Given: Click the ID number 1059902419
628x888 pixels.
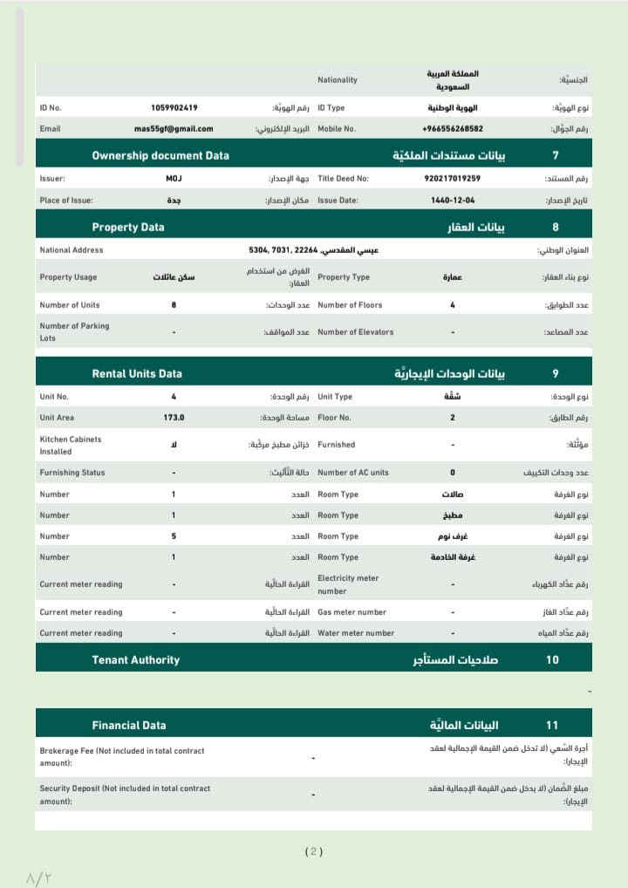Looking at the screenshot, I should click(174, 108).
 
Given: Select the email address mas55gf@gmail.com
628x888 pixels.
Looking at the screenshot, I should click(174, 129).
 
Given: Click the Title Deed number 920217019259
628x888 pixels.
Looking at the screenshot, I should click(452, 178).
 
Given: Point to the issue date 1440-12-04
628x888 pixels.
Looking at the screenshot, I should click(452, 200).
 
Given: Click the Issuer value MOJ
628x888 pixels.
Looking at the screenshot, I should click(174, 178).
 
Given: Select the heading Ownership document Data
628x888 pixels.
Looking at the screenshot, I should click(160, 155).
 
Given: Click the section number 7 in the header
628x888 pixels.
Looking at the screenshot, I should click(556, 155).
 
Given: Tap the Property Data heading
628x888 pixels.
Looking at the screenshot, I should click(128, 227).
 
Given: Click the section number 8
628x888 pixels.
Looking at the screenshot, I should click(556, 227).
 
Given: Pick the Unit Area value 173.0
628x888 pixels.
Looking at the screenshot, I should click(174, 418).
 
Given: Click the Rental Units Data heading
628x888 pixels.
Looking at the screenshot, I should click(137, 373).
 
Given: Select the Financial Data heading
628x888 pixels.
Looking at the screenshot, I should click(129, 725).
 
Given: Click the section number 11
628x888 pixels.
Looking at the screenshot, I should click(552, 725).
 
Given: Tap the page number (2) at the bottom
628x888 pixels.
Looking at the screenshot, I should click(314, 851).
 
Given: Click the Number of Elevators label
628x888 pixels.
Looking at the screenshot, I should click(355, 332).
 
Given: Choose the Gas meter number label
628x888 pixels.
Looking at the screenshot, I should click(352, 612).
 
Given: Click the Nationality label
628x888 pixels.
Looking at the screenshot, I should click(338, 80).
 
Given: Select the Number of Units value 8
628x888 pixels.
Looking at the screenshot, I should click(174, 305).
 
